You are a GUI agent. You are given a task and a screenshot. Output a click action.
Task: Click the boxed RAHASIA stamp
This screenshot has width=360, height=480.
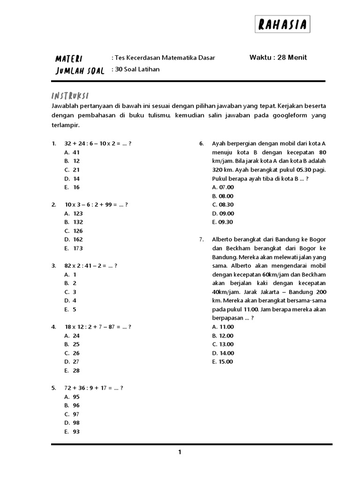[x=283, y=24]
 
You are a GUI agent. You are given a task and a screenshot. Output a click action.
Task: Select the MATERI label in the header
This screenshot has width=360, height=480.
[x=69, y=59]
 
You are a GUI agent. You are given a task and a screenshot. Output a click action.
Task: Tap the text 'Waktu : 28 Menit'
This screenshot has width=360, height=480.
[x=278, y=58]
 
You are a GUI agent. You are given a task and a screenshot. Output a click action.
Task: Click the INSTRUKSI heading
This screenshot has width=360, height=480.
[x=70, y=95]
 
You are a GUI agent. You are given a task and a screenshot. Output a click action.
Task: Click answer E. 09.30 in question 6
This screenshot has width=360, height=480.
[x=223, y=222]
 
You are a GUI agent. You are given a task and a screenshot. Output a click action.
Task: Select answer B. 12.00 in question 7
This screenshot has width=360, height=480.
[x=223, y=336]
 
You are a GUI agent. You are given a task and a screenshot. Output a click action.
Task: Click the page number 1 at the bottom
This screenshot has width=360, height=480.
[x=180, y=452]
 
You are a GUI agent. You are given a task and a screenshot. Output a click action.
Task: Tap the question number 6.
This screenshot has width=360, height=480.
[x=201, y=143]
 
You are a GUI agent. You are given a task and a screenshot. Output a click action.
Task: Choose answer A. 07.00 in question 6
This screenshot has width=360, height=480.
[x=223, y=187]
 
